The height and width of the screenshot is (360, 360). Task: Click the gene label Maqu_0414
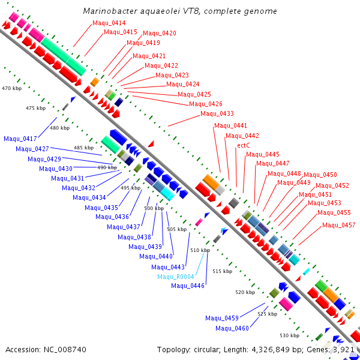109,23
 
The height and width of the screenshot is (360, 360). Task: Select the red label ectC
244,145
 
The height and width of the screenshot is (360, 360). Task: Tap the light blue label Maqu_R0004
176,277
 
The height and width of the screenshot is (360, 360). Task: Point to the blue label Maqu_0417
20,139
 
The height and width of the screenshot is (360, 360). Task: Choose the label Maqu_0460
232,328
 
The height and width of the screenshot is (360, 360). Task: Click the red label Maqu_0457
339,226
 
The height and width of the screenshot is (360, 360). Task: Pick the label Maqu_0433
217,113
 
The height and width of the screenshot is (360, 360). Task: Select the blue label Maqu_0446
188,286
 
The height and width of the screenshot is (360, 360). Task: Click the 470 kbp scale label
11,88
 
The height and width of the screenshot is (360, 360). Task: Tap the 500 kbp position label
154,208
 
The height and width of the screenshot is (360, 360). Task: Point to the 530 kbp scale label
289,335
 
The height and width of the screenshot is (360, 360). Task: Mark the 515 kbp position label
222,271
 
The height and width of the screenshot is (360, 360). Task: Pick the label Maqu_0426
206,104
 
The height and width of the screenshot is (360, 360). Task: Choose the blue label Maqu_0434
89,197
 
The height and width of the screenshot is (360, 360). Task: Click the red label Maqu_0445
263,154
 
